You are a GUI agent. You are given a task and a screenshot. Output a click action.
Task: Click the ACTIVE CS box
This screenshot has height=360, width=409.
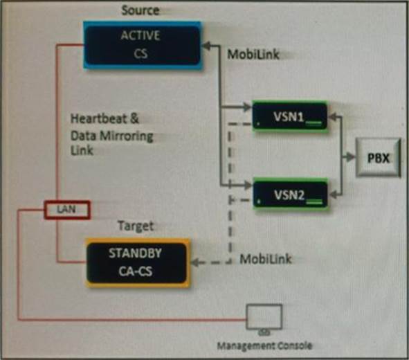pyautogui.click(x=143, y=45)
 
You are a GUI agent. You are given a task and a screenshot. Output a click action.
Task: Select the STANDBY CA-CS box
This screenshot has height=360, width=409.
pyautogui.click(x=138, y=263)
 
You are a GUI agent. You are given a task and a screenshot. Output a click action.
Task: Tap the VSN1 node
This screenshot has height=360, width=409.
pyautogui.click(x=290, y=116)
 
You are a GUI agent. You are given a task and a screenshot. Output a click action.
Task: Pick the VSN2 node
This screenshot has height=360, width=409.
pyautogui.click(x=290, y=194)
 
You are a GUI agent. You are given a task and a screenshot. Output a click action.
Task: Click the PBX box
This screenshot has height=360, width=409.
pyautogui.click(x=379, y=158)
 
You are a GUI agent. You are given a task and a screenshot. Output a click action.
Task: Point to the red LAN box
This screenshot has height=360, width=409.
pyautogui.click(x=67, y=210)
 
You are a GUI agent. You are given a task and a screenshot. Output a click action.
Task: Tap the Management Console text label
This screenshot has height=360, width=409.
pyautogui.click(x=265, y=345)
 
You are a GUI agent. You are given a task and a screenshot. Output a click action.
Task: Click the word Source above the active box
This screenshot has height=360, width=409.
pyautogui.click(x=140, y=10)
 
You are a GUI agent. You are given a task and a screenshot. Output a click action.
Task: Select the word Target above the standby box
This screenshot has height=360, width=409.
pyautogui.click(x=136, y=226)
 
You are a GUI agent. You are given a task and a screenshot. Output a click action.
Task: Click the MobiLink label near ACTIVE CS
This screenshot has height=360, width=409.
pyautogui.click(x=253, y=54)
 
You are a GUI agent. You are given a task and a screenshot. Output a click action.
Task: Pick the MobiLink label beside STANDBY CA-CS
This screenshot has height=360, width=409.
pyautogui.click(x=266, y=259)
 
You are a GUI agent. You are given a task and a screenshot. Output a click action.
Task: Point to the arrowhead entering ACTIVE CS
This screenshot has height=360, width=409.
pyautogui.click(x=206, y=46)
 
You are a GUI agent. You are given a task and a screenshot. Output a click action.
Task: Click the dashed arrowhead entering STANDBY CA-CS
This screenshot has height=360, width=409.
pyautogui.click(x=195, y=262)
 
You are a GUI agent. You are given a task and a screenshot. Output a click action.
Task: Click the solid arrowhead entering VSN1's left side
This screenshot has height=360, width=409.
pyautogui.click(x=247, y=107)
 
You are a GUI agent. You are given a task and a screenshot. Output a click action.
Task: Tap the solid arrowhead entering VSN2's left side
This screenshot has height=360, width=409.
pyautogui.click(x=248, y=186)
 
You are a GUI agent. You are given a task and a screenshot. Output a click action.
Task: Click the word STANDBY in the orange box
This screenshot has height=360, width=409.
pyautogui.click(x=135, y=253)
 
